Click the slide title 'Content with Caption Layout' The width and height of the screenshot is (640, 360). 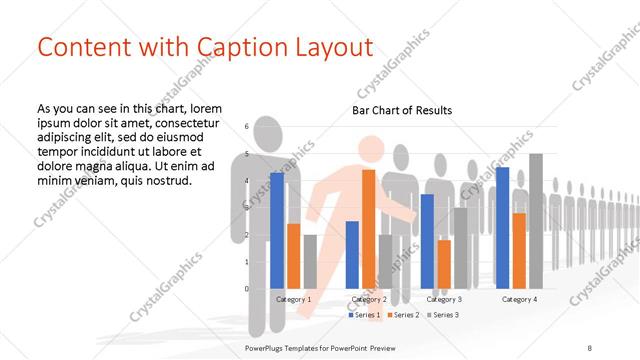point(205,47)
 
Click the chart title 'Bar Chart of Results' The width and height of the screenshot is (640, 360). point(402,110)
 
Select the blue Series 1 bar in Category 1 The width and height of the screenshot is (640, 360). point(277,230)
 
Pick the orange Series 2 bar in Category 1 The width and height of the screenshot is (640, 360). point(293,256)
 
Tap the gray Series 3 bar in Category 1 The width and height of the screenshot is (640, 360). point(310,261)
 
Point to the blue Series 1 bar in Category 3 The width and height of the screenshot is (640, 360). point(427,241)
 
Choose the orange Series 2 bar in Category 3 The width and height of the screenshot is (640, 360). point(444,264)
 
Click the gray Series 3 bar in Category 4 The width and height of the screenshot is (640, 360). point(535,221)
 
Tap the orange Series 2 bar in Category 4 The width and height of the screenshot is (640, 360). point(519,250)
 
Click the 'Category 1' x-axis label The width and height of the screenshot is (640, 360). point(294,299)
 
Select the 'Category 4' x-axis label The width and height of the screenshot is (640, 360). point(519,299)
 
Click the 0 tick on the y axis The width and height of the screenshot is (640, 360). point(247,289)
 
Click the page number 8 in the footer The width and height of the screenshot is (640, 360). point(589,347)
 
